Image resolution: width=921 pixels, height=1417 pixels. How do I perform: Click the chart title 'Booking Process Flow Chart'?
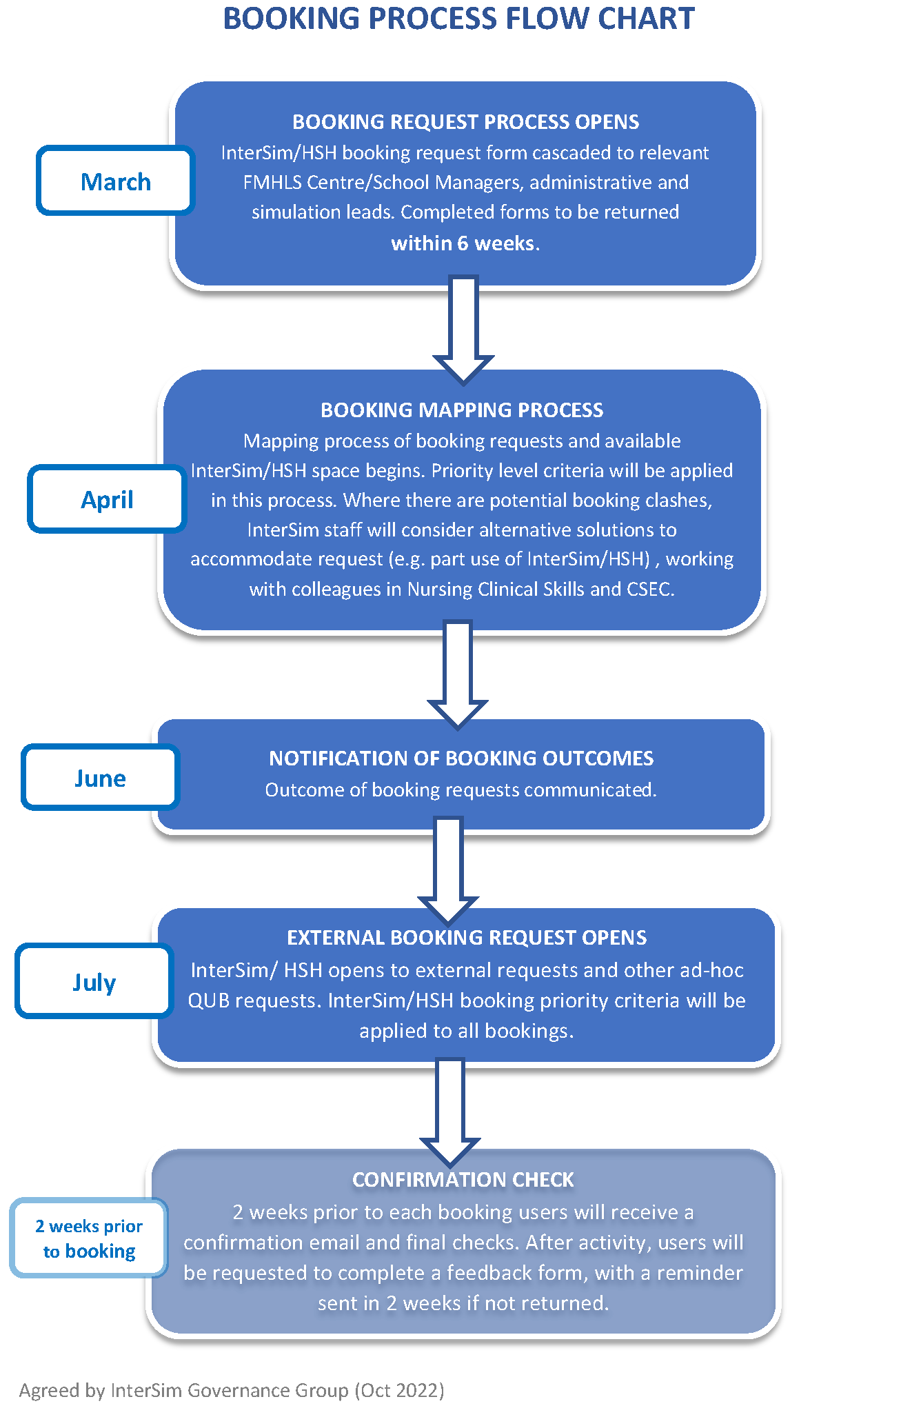[x=459, y=19]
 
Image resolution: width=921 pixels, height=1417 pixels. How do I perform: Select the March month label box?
[x=116, y=181]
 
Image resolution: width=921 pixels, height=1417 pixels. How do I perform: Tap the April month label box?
[x=107, y=499]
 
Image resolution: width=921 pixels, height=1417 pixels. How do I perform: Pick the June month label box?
[x=100, y=778]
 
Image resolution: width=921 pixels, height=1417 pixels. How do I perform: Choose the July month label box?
[x=94, y=981]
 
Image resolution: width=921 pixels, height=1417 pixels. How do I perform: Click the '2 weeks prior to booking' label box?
[x=89, y=1238]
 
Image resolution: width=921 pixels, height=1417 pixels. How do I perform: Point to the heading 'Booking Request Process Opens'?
[x=465, y=122]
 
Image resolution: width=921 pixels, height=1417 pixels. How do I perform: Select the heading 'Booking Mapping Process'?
[x=462, y=410]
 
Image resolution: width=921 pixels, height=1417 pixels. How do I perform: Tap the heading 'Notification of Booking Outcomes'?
[x=461, y=758]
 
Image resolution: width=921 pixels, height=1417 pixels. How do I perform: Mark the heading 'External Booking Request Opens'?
[x=467, y=938]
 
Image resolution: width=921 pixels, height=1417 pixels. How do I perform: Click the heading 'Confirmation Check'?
[x=463, y=1180]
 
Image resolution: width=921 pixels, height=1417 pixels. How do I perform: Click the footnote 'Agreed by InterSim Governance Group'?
[x=232, y=1390]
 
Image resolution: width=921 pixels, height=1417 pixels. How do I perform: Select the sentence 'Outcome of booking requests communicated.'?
[x=461, y=790]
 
